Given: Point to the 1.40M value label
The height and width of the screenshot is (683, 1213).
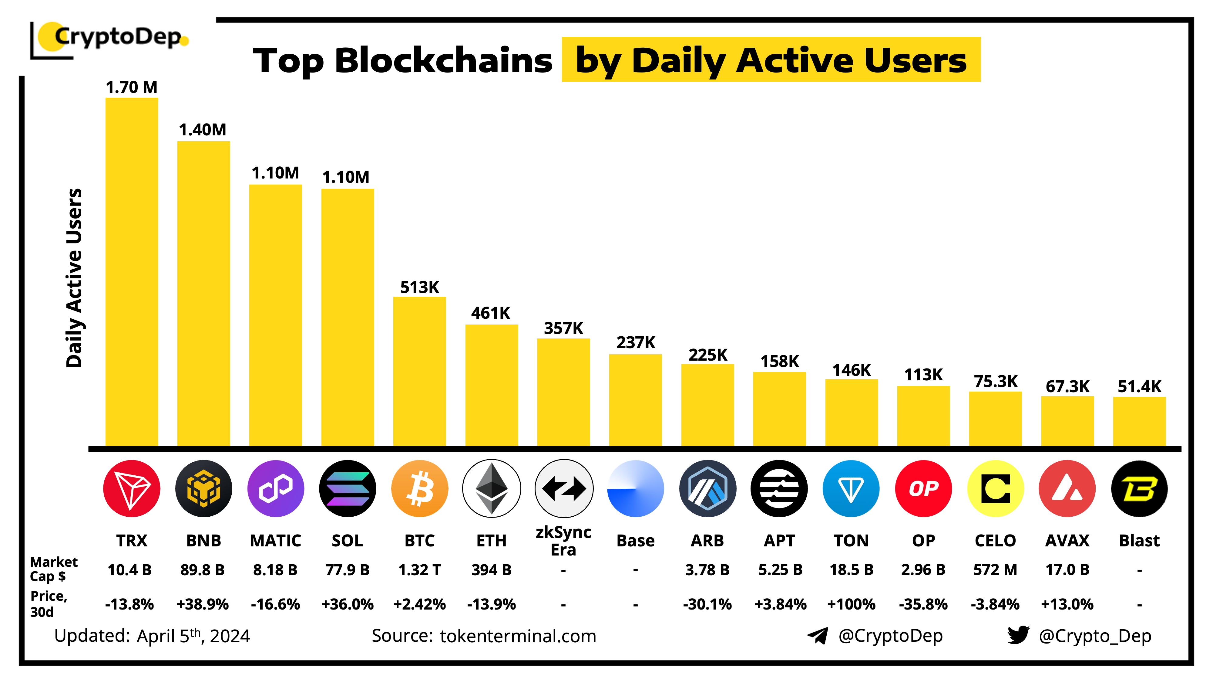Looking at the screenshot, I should click(x=203, y=130).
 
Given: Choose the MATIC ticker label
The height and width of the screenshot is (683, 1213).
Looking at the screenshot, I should click(x=275, y=540).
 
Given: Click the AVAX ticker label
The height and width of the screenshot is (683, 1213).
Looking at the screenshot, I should click(x=1067, y=540).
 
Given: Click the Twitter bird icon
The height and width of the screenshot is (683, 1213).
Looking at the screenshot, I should click(x=1018, y=635).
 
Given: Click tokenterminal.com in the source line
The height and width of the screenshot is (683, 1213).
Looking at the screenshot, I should click(x=518, y=636).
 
